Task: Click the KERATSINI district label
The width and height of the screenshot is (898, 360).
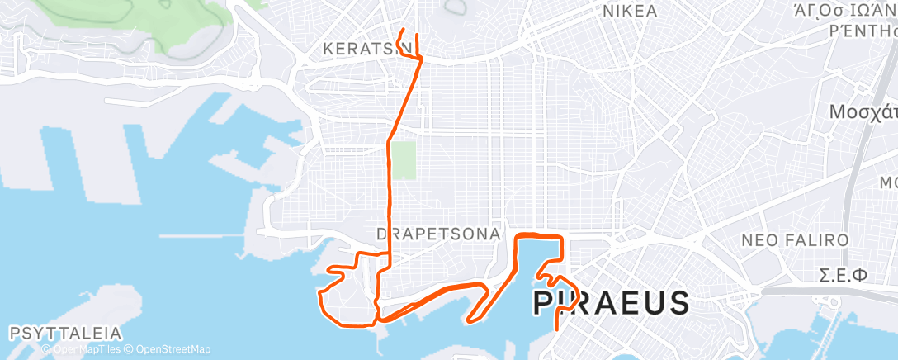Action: point(368,50)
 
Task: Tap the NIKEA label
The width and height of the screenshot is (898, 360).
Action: point(630,12)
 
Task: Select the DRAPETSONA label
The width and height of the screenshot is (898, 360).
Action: point(438,234)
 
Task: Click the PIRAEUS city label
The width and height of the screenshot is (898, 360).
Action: point(611,303)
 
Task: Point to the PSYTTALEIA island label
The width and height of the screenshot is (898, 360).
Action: point(66,334)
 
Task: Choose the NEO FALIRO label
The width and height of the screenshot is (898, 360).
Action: point(796,240)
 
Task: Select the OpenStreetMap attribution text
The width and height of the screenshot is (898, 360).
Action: point(168,349)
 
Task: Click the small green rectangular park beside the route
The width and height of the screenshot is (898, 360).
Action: point(403,160)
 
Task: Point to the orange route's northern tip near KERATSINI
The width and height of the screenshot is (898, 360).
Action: point(401,31)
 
